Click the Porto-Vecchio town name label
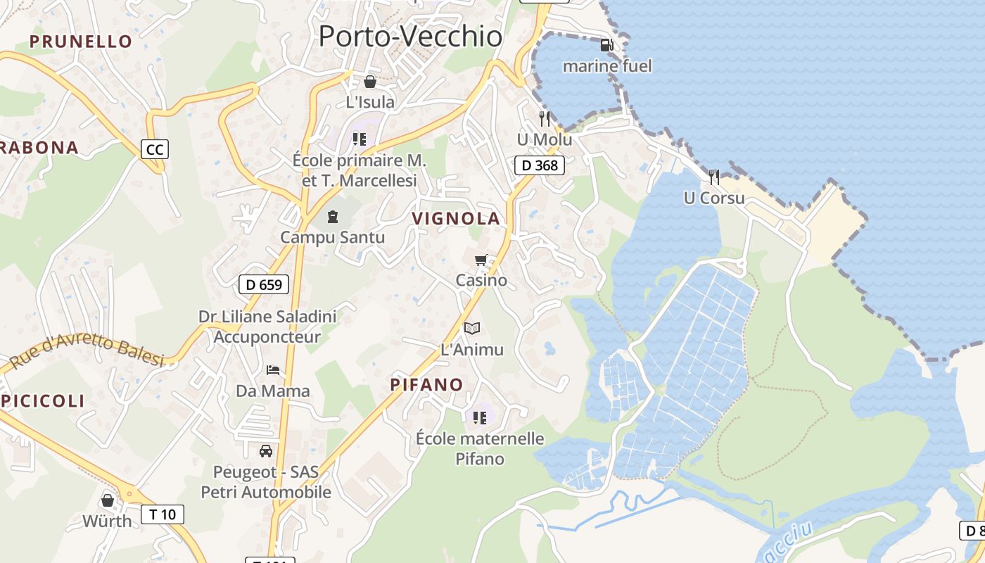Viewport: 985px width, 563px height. [410, 37]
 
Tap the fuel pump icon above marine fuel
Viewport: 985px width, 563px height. [606, 46]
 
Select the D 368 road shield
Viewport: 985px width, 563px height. [540, 166]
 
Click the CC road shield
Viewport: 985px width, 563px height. [155, 149]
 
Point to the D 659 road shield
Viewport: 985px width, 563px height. [264, 284]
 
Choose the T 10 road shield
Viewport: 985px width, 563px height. [163, 514]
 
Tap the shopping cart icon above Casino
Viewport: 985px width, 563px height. [481, 260]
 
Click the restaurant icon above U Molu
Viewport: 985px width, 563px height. [544, 118]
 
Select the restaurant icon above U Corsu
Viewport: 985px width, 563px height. [714, 177]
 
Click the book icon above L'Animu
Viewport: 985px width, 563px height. [472, 328]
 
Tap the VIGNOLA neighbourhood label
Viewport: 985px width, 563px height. [456, 219]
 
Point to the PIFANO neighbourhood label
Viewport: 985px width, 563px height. [426, 385]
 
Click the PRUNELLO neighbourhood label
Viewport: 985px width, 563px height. [81, 42]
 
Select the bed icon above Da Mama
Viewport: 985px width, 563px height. [273, 370]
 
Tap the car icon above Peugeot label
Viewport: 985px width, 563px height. [265, 451]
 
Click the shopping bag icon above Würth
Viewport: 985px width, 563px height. [108, 500]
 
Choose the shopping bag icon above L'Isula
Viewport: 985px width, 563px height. [370, 82]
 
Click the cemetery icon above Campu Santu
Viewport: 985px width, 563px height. [333, 217]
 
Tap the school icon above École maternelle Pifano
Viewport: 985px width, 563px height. [480, 418]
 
